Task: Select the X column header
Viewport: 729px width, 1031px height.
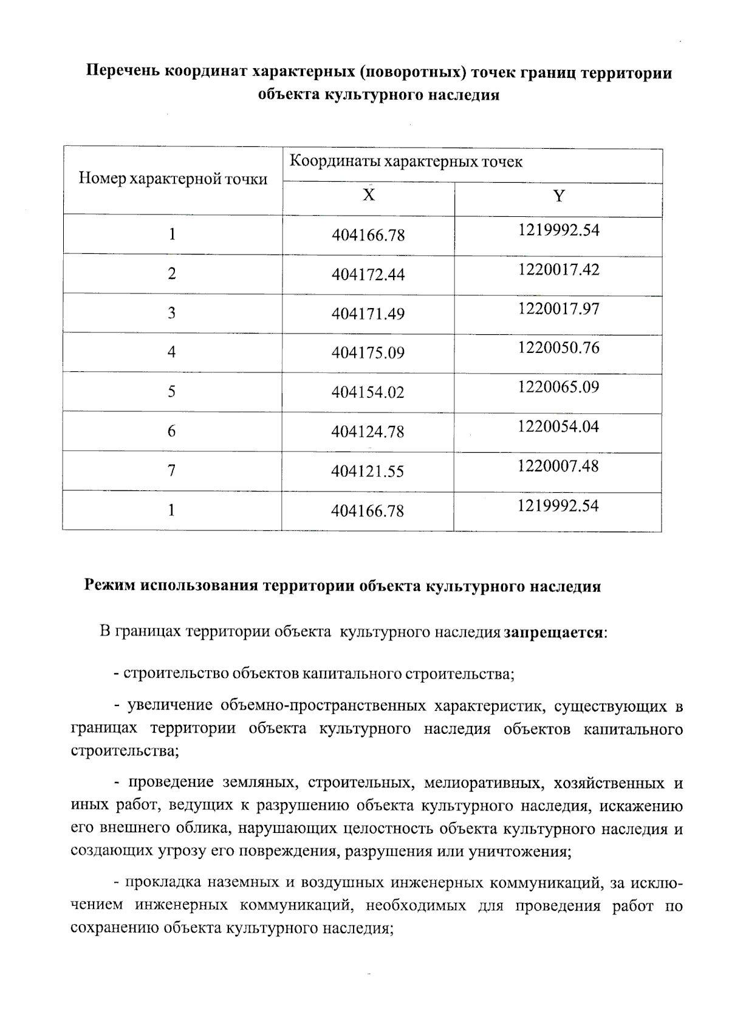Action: point(369,195)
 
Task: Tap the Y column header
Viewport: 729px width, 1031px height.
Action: point(558,196)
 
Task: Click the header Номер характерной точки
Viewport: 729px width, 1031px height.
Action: point(173,179)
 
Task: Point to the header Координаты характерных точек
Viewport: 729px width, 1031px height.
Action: point(406,162)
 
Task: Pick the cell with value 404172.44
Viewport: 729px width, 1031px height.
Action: point(368,275)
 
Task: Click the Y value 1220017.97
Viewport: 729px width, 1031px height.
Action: point(558,309)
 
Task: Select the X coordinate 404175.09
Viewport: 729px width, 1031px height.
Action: point(368,353)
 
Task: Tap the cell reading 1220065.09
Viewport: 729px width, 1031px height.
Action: point(558,387)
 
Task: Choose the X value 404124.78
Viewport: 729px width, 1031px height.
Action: point(368,432)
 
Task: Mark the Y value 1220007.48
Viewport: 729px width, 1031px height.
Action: point(558,466)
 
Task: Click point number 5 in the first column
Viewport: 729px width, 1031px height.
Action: point(172,391)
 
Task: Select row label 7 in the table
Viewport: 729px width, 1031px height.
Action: point(172,470)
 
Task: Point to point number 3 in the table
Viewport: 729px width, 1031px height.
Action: point(172,313)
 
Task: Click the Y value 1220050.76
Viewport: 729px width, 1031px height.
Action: point(558,348)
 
